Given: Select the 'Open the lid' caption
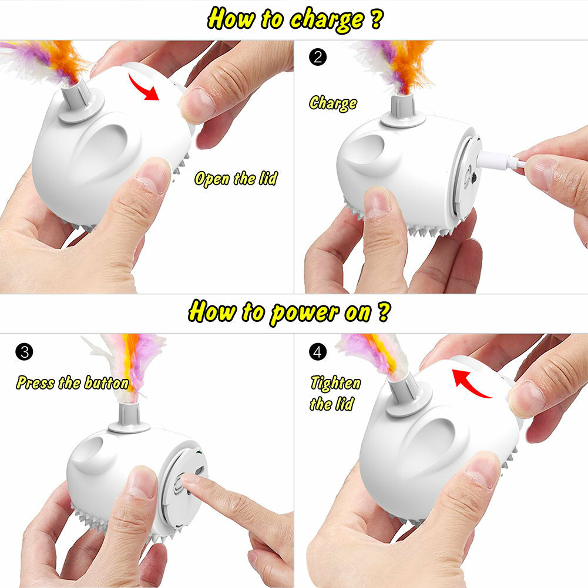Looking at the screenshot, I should (236, 179).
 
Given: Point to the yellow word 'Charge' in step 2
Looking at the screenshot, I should (333, 103).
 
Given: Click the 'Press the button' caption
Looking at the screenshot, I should (72, 384).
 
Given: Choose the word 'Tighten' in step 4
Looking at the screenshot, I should (335, 384).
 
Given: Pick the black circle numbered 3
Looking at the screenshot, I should (26, 352).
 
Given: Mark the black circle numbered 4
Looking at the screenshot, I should (317, 352).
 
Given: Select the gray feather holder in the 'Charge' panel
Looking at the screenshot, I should (403, 112).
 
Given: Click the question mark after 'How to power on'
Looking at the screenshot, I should (382, 312).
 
